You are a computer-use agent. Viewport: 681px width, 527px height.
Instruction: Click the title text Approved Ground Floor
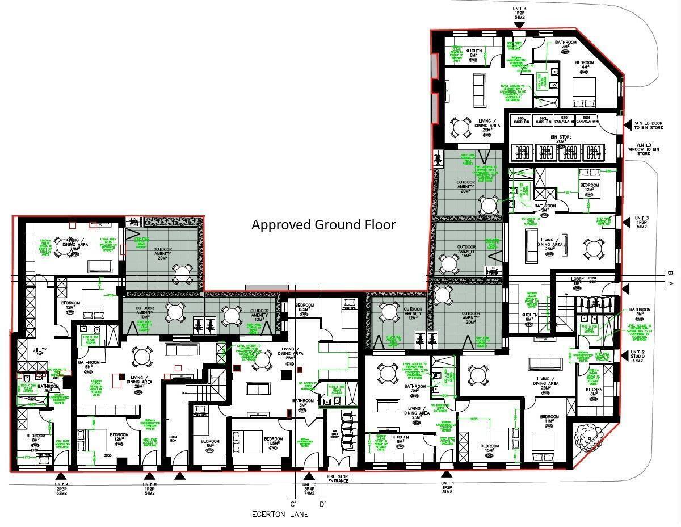323,225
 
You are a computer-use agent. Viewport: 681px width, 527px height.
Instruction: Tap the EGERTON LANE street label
280,514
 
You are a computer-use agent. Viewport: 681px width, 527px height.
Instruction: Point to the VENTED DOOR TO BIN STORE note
649,124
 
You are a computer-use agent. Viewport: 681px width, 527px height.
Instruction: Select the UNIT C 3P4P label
309,489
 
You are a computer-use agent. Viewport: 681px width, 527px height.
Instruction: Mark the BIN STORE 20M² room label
561,139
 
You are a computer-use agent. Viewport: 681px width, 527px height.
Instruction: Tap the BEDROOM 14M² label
584,65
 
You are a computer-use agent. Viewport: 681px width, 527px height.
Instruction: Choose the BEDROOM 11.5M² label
273,442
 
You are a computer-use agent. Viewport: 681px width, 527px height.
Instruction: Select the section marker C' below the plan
293,504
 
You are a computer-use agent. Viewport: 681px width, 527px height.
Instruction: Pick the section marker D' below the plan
322,504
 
